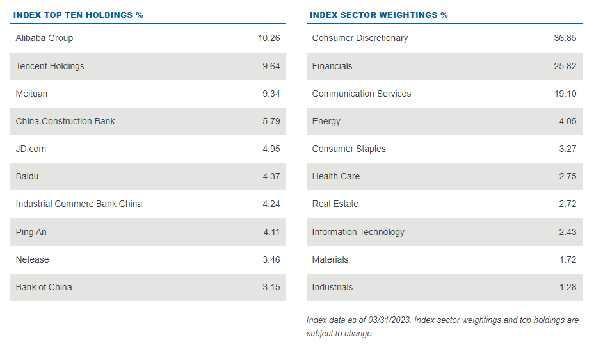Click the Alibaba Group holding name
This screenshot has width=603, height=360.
(x=44, y=38)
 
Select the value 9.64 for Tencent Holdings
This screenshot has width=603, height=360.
(x=271, y=66)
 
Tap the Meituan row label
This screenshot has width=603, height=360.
(x=31, y=94)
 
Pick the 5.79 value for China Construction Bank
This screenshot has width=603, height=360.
(x=271, y=121)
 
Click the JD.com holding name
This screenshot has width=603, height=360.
(x=31, y=149)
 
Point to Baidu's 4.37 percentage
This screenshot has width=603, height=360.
(x=271, y=176)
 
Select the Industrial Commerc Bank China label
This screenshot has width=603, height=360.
(x=79, y=204)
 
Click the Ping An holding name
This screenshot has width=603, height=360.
(x=31, y=232)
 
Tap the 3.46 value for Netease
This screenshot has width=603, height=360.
(x=271, y=259)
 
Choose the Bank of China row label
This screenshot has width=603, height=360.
(x=44, y=287)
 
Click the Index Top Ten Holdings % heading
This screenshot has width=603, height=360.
(x=78, y=15)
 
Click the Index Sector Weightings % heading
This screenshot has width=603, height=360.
(x=378, y=15)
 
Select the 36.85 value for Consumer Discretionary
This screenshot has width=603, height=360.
(x=565, y=38)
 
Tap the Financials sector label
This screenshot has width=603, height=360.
(x=332, y=66)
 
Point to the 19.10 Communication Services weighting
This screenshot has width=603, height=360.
(x=565, y=94)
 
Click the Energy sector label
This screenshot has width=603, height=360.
(x=326, y=121)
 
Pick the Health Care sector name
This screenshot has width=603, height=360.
(x=335, y=176)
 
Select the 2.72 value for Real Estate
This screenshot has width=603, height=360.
(x=567, y=204)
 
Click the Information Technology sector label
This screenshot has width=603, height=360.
(x=358, y=232)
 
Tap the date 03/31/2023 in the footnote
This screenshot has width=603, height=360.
(x=387, y=320)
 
